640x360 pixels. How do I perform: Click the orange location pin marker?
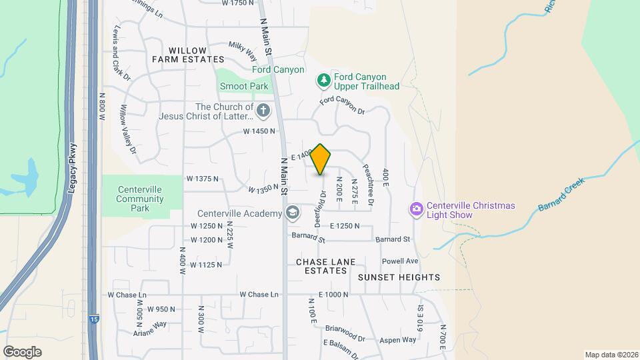click(x=321, y=159)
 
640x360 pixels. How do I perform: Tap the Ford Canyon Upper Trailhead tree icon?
click(x=324, y=81)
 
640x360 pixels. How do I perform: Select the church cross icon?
click(x=263, y=110)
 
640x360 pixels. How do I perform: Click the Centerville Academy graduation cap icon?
click(x=291, y=213)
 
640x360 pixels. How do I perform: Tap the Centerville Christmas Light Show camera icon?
click(x=417, y=210)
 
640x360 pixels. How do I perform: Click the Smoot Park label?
click(x=244, y=86)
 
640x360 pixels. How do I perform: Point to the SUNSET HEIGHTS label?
click(x=399, y=277)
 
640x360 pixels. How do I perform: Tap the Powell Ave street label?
click(x=400, y=261)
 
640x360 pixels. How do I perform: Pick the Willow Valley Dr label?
click(x=128, y=133)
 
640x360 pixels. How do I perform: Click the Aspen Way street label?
click(x=399, y=339)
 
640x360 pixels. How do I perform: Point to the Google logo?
click(x=22, y=351)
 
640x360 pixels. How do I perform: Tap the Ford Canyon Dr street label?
click(x=343, y=105)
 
